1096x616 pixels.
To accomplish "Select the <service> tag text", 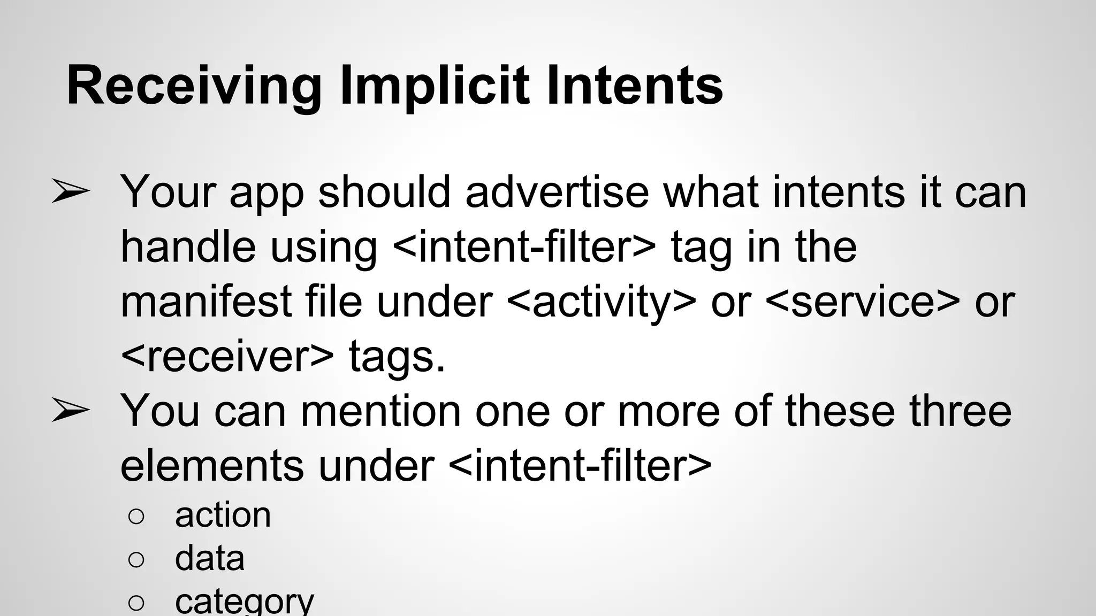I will tap(863, 302).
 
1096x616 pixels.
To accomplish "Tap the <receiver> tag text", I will tap(227, 357).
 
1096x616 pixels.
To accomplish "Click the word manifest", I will tap(206, 302).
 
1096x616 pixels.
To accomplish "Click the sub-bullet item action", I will tap(223, 515).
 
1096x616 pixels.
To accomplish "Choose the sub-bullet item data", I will tap(209, 558).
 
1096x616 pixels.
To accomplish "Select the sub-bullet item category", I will tap(244, 601).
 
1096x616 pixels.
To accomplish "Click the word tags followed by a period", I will tap(397, 357).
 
